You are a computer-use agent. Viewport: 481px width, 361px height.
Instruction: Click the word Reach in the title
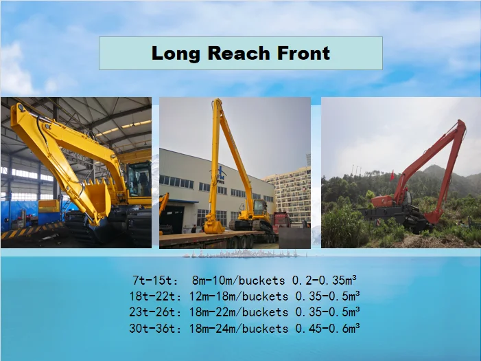click(238, 53)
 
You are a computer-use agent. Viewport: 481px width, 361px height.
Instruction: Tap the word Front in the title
click(302, 53)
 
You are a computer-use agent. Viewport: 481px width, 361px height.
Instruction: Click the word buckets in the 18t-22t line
click(263, 296)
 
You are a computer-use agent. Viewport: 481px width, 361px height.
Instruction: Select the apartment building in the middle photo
click(292, 193)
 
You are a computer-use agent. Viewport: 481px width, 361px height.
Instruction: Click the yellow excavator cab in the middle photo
click(259, 207)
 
